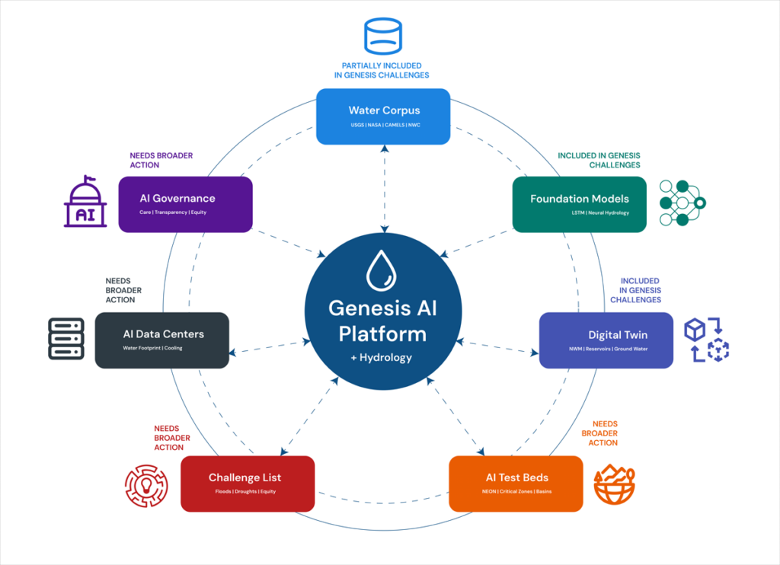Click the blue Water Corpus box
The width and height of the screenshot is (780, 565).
point(383,117)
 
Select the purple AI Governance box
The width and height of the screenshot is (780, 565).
point(185,204)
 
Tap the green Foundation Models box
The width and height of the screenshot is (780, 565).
point(579,204)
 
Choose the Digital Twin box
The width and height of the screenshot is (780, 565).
point(606,340)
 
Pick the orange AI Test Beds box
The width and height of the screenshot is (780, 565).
point(516,484)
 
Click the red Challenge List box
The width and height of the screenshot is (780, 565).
point(248,484)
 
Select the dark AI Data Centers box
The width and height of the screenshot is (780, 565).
point(161,340)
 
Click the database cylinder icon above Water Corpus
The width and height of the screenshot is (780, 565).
point(383,34)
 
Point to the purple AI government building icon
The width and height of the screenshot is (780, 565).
point(85,203)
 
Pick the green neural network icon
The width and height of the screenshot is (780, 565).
point(684,203)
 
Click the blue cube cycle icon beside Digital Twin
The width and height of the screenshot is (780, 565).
point(706,340)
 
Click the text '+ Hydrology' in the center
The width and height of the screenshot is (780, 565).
point(383,357)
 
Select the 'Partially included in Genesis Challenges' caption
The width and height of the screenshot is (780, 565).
point(383,70)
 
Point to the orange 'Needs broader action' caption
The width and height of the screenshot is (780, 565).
point(605,433)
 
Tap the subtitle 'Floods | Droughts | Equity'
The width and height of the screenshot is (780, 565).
point(248,492)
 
